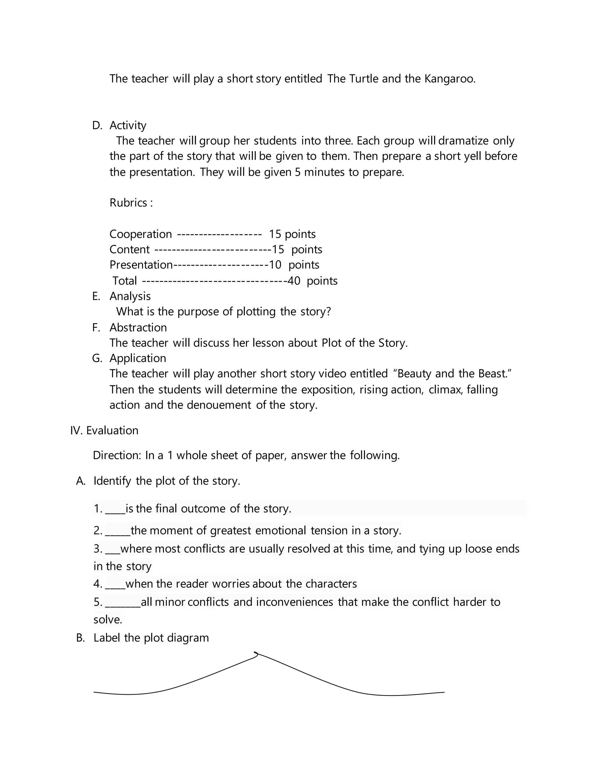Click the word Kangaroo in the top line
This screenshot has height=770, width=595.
click(x=449, y=79)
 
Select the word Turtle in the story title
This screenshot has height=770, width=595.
click(x=364, y=79)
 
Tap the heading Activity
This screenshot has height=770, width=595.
click(x=128, y=126)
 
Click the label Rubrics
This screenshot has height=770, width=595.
click(x=129, y=203)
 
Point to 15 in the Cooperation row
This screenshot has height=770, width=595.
click(x=275, y=234)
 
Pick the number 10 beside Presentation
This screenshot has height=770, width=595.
click(x=275, y=265)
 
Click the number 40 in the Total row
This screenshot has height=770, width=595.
click(x=294, y=281)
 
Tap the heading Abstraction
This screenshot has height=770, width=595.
click(x=138, y=327)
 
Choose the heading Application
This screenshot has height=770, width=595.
click(x=137, y=358)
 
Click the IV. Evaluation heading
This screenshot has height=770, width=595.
click(x=104, y=431)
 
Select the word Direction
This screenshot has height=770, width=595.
click(x=117, y=456)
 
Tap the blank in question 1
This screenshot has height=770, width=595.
click(x=115, y=509)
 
